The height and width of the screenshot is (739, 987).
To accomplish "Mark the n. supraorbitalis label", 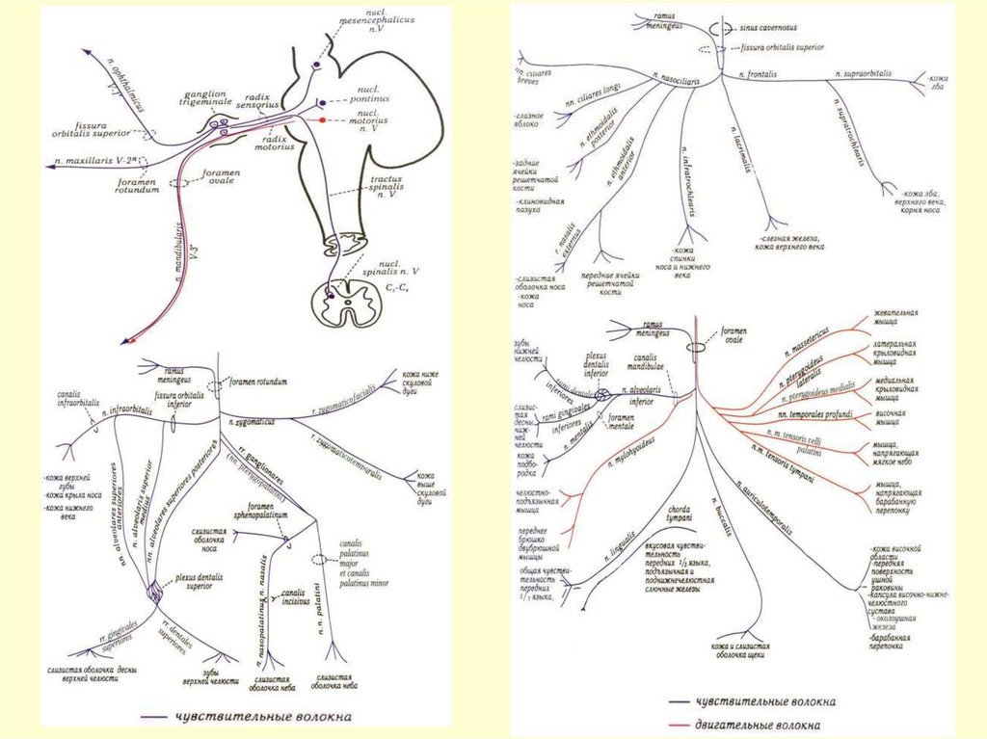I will [863, 73].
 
